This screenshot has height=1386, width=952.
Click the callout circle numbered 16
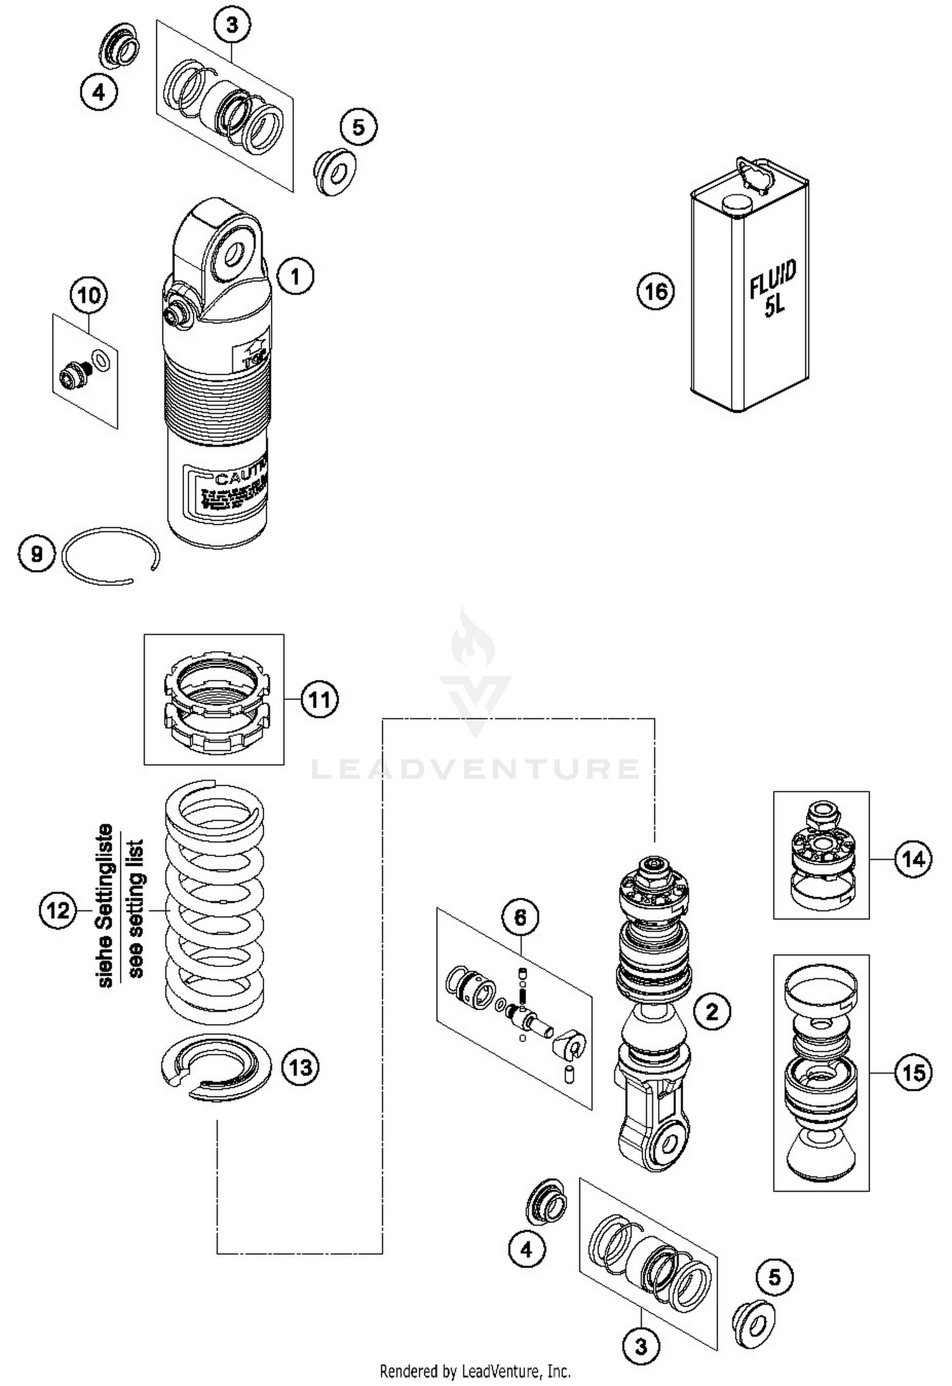coord(656,291)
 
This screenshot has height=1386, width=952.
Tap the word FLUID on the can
coord(772,280)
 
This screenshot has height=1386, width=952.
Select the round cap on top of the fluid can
coord(736,204)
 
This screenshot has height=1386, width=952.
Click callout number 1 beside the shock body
coord(295,276)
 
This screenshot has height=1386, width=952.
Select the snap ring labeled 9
coord(111,555)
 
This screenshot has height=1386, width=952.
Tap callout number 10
coord(89,295)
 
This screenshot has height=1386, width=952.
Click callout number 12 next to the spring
coord(58,911)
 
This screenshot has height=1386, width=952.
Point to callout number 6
coord(520,917)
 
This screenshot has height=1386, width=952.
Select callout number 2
coord(711,1011)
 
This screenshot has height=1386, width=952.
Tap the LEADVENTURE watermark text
coord(475,769)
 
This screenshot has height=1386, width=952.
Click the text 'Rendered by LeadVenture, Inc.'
coord(475,1371)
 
